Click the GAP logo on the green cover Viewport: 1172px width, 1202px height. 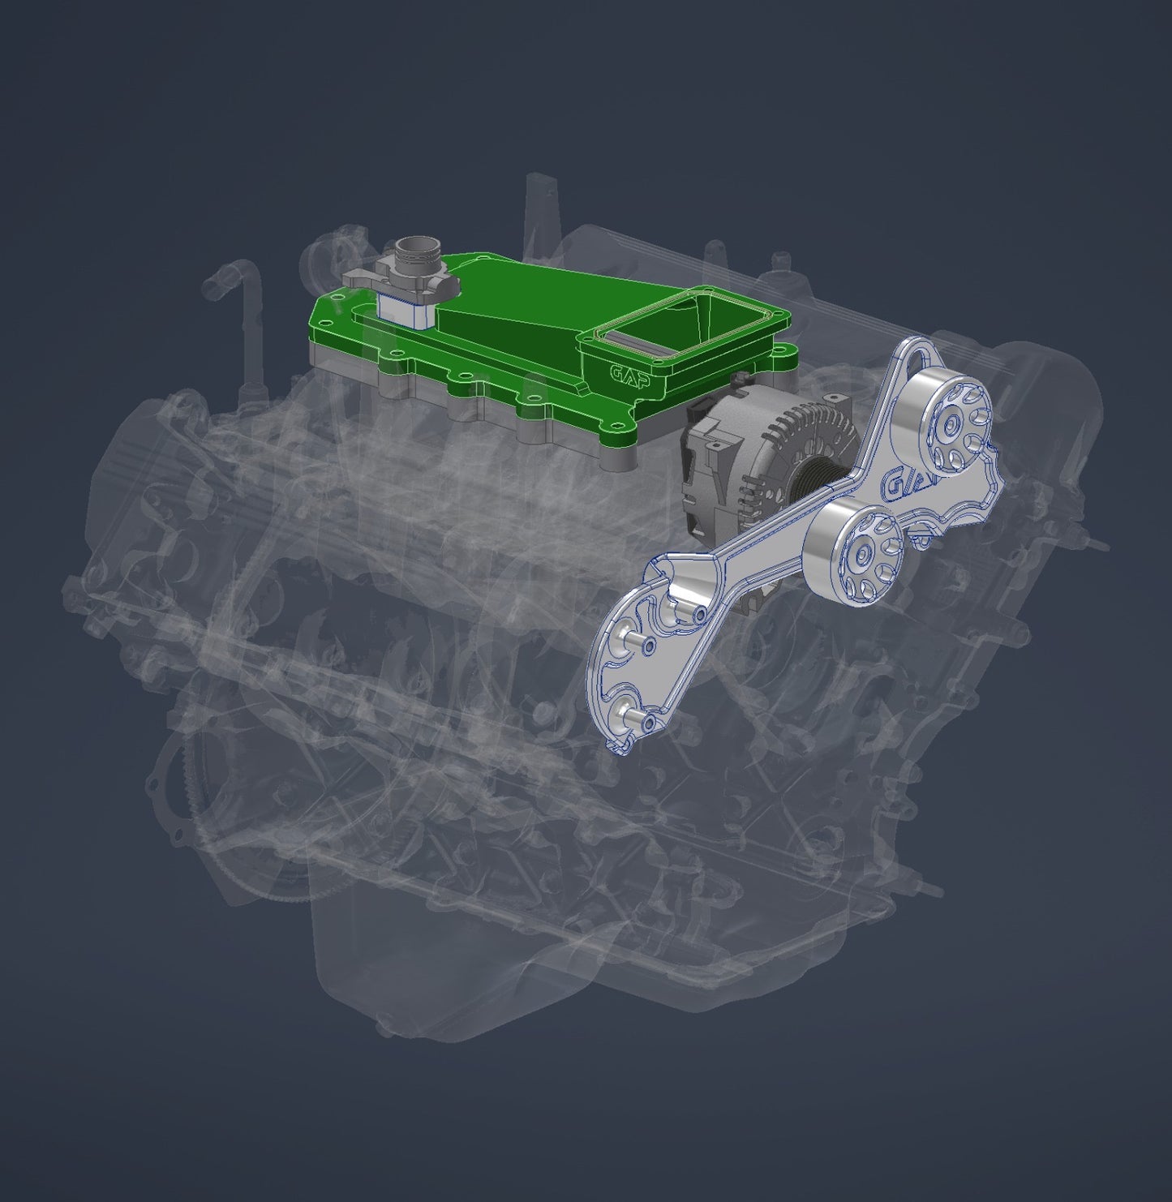(x=629, y=376)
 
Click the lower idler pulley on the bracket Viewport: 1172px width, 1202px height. (x=858, y=552)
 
